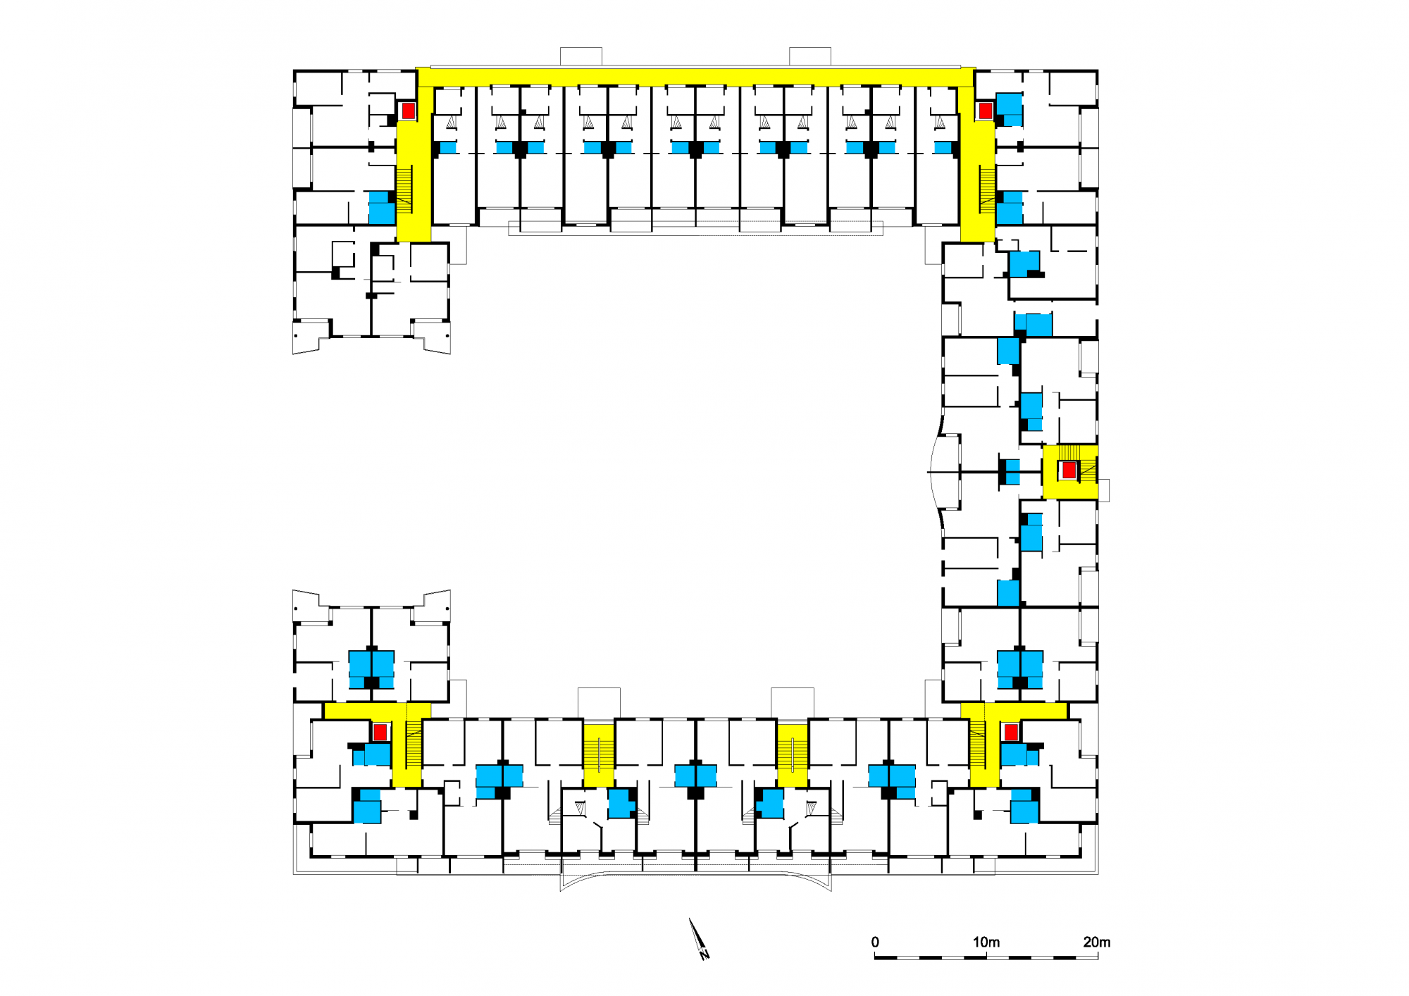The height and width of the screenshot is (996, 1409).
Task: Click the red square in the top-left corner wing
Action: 408,111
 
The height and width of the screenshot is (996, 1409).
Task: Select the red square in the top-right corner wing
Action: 986,111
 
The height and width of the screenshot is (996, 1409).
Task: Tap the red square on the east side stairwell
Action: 1069,470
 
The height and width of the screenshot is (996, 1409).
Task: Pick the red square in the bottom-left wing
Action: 380,733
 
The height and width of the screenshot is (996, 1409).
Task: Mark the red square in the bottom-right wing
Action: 1011,733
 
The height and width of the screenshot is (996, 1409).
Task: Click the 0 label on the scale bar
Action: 875,942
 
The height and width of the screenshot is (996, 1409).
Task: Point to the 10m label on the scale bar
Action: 986,942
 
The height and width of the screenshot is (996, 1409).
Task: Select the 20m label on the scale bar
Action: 1097,942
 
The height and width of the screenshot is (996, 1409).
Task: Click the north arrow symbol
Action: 699,940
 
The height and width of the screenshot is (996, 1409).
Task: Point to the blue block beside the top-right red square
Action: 1010,109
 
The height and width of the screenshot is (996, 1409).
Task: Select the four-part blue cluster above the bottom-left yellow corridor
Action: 371,669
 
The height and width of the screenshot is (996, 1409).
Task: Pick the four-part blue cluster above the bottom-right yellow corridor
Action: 1020,669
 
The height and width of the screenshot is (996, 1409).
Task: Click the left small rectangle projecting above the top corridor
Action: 581,56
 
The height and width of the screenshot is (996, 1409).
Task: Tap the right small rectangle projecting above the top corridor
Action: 810,56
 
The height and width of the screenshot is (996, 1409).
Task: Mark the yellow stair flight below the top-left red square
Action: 404,189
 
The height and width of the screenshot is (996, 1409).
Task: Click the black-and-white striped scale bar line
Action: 986,957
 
